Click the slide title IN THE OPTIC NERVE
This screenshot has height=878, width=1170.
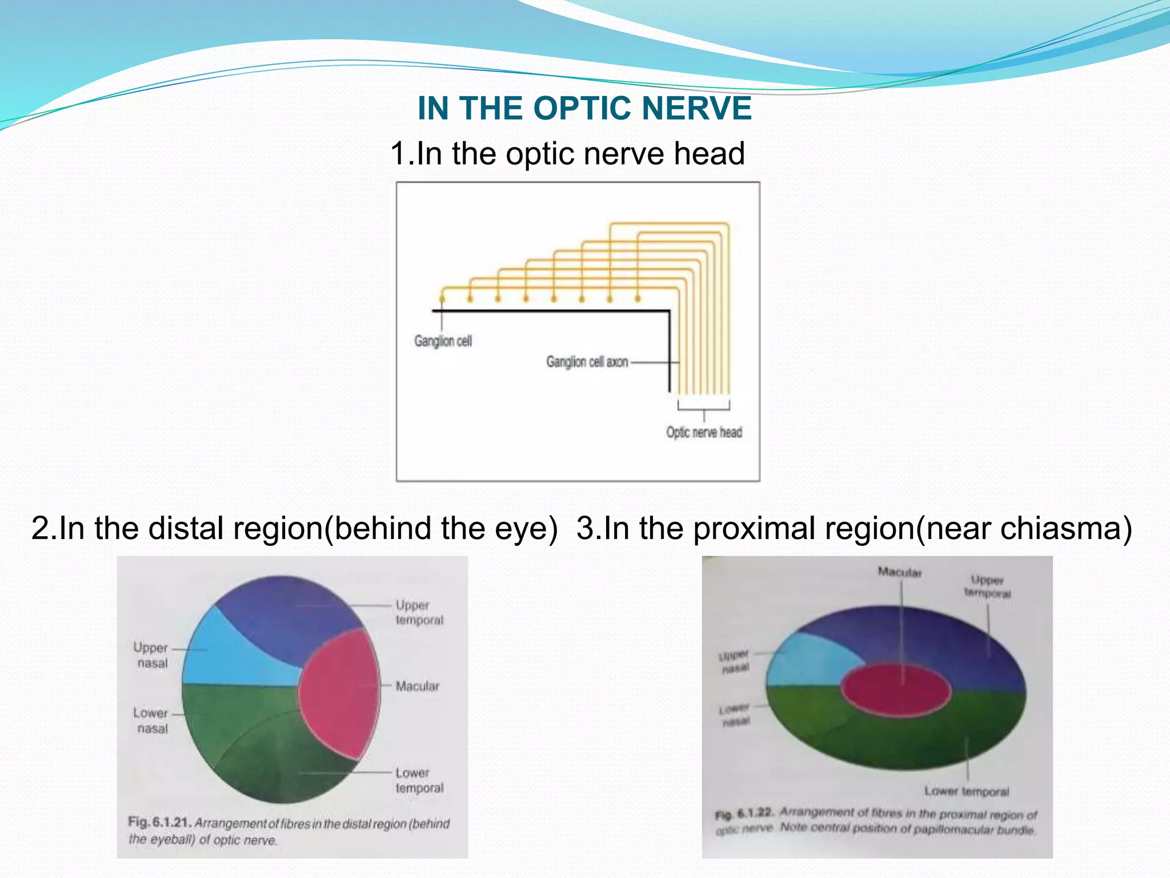[x=584, y=108]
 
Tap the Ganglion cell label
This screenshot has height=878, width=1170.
[x=443, y=341]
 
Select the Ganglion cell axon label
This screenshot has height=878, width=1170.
[x=587, y=362]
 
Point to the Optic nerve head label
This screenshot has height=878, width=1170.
[x=704, y=432]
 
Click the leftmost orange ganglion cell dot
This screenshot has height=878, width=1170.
[x=442, y=298]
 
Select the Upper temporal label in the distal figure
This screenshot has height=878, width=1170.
[x=419, y=612]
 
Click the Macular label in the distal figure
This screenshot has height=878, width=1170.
[x=418, y=686]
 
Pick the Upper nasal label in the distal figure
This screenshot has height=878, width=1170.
[x=151, y=655]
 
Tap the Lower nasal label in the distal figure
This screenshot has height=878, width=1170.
[x=151, y=720]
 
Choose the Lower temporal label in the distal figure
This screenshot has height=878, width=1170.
[x=419, y=780]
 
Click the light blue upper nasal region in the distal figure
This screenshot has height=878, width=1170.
[x=229, y=657]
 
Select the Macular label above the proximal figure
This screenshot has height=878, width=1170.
[x=899, y=572]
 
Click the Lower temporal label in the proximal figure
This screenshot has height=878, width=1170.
[x=967, y=792]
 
